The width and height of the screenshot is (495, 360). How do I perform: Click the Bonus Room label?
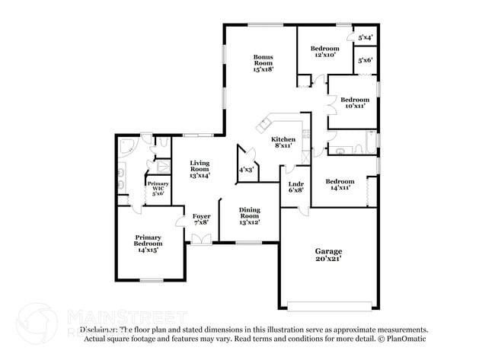pyautogui.click(x=263, y=62)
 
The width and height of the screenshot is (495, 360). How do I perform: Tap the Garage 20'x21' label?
pyautogui.click(x=329, y=254)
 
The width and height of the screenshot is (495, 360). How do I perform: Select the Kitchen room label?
pyautogui.click(x=284, y=142)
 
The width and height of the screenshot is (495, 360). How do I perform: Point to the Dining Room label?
pyautogui.click(x=250, y=215)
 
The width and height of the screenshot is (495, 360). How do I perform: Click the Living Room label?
pyautogui.click(x=200, y=169)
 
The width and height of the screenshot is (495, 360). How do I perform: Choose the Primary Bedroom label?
pyautogui.click(x=148, y=244)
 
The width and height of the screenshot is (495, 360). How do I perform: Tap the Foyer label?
pyautogui.click(x=201, y=219)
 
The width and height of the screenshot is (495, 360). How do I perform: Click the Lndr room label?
pyautogui.click(x=296, y=187)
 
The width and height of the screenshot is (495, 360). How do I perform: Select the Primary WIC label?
pyautogui.click(x=158, y=189)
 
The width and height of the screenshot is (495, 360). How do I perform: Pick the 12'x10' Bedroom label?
pyautogui.click(x=324, y=52)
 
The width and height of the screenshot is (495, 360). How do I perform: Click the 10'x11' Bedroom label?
pyautogui.click(x=354, y=103)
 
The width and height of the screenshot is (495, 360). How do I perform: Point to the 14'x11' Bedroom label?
pyautogui.click(x=339, y=183)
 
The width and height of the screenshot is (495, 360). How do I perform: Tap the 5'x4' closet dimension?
pyautogui.click(x=365, y=37)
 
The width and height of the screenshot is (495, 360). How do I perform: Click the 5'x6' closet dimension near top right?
pyautogui.click(x=365, y=60)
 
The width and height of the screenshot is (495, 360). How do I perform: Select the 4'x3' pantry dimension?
pyautogui.click(x=247, y=170)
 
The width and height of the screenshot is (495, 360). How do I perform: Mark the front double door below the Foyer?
pyautogui.click(x=202, y=239)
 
